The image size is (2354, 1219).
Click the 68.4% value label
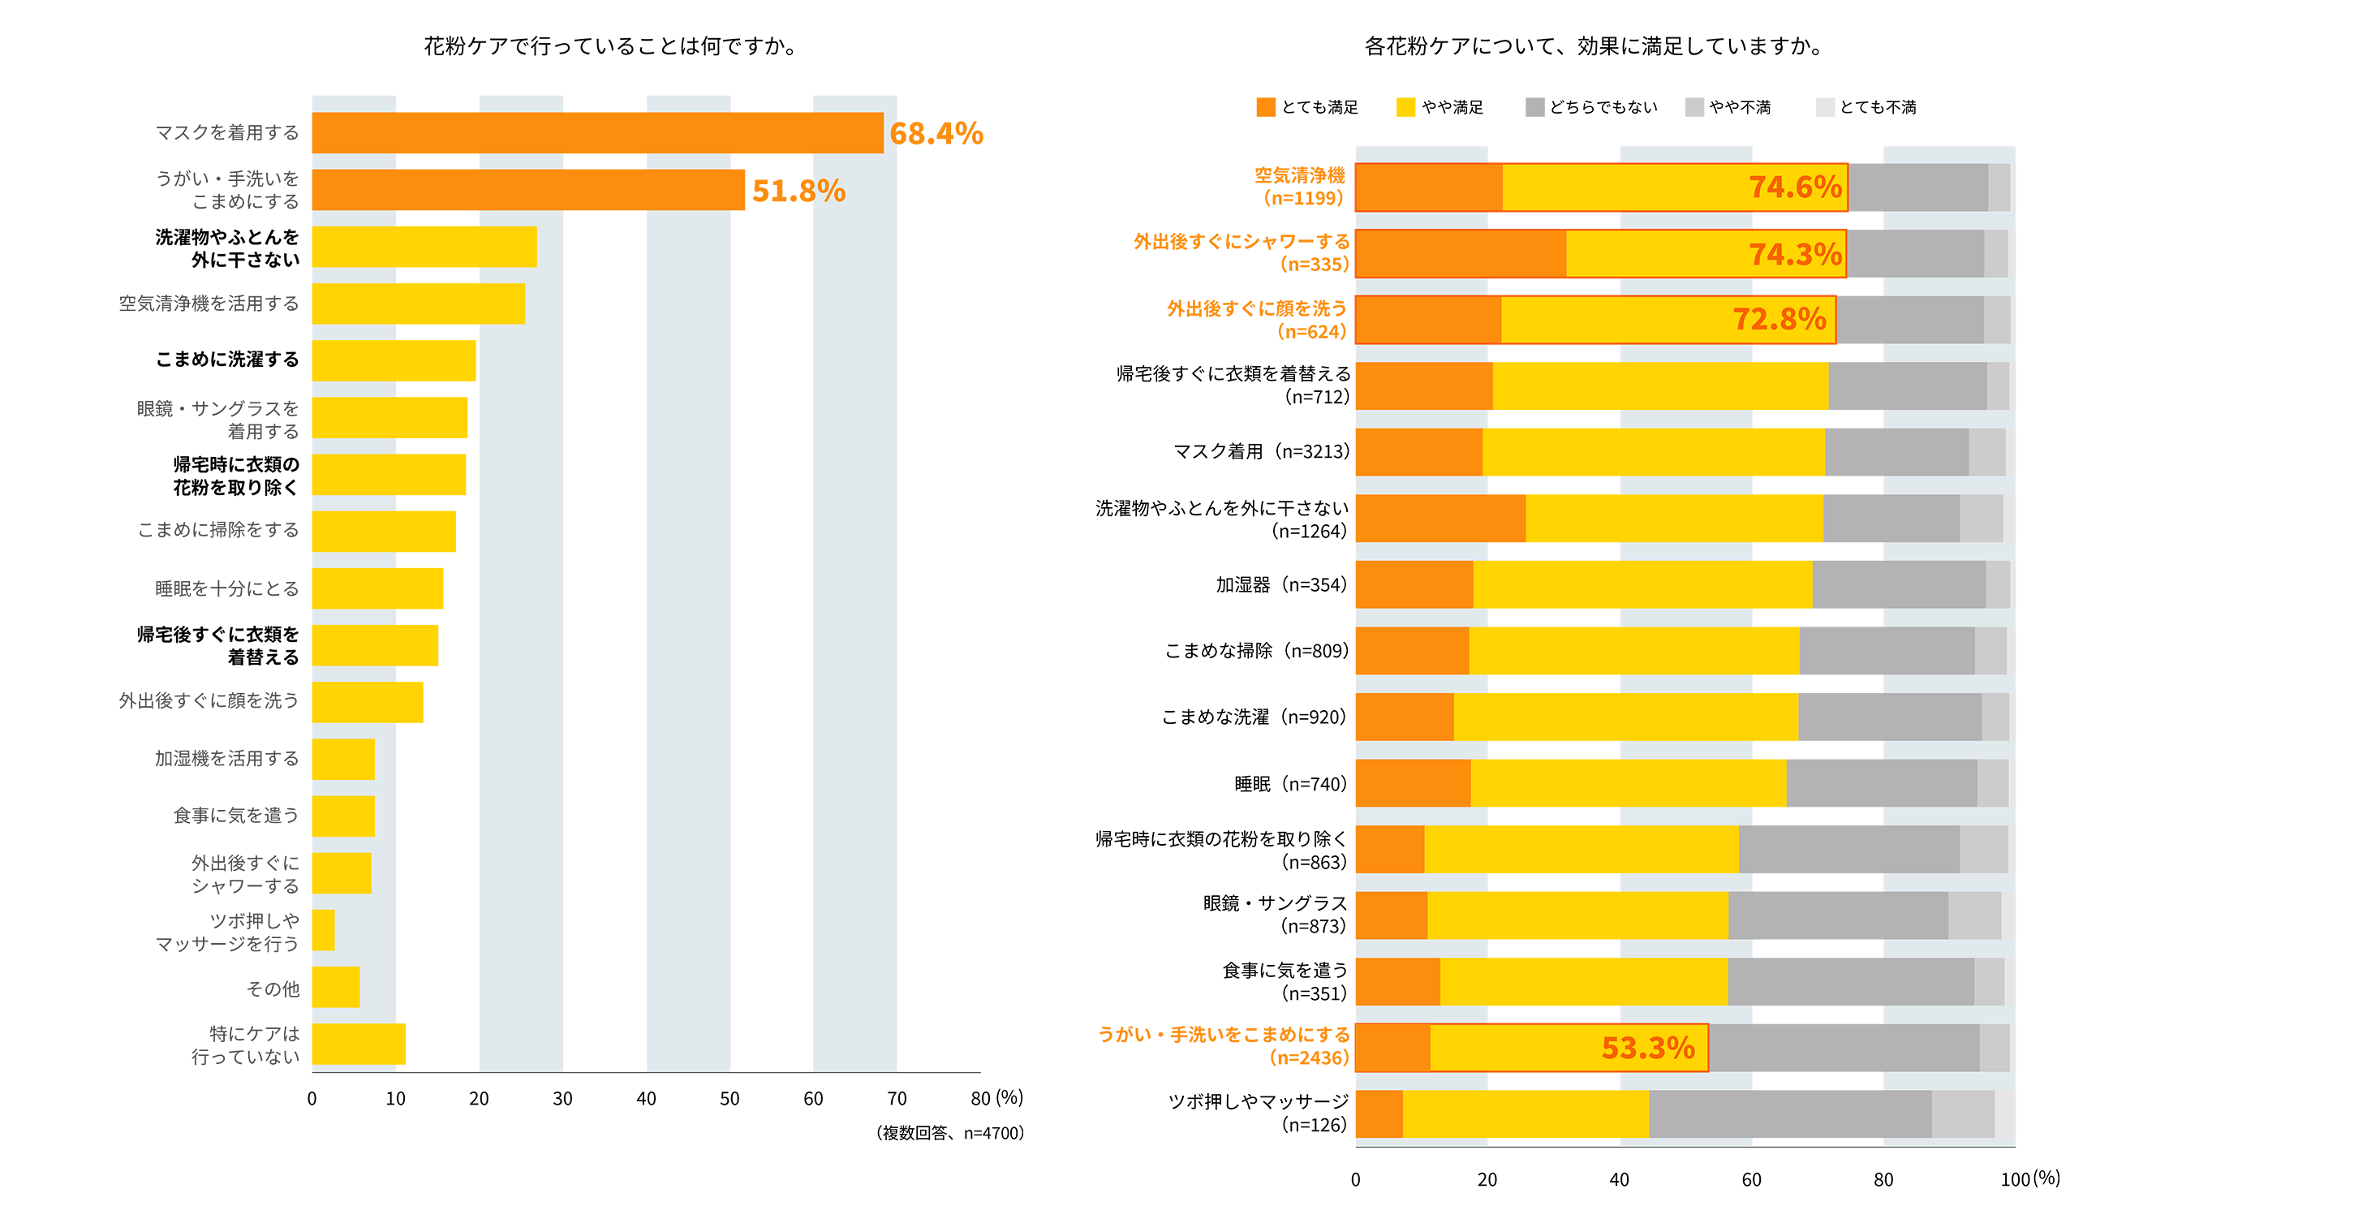[936, 133]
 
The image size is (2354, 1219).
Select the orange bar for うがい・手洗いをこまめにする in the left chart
[527, 190]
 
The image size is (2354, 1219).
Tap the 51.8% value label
[798, 191]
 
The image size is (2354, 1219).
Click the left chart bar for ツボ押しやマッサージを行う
[324, 930]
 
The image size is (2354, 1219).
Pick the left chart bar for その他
[335, 987]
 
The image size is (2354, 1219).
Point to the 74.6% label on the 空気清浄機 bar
[1795, 187]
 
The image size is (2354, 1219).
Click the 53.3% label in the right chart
[1647, 1048]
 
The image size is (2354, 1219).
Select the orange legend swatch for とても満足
[1266, 108]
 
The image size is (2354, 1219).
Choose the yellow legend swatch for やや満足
[1405, 108]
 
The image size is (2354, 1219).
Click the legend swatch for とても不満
[1825, 108]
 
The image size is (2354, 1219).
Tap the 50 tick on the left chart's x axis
[729, 1098]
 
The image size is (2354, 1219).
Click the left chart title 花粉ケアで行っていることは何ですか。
[610, 46]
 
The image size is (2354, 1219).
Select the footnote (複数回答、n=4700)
[949, 1133]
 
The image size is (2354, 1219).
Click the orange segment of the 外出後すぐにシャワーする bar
[1461, 254]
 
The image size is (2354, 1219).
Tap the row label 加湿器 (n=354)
[1280, 585]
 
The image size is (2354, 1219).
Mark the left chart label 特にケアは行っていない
[245, 1045]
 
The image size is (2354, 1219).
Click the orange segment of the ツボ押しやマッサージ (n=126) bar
[1379, 1114]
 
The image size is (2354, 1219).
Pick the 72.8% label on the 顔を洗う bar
[1779, 320]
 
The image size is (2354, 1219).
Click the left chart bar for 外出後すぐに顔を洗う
[368, 702]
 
